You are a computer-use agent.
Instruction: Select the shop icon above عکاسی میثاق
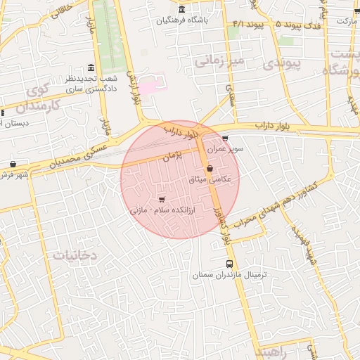click(x=210, y=168)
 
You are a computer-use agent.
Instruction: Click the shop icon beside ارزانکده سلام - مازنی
click(x=162, y=198)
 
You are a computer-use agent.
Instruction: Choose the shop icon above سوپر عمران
click(x=225, y=139)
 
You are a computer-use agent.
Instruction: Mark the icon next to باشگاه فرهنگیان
click(x=182, y=9)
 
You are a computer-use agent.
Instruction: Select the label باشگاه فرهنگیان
click(x=182, y=20)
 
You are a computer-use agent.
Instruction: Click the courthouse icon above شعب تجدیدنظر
click(x=91, y=68)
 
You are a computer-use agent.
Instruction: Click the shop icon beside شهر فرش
click(x=13, y=165)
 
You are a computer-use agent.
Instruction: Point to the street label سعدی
click(x=229, y=91)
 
